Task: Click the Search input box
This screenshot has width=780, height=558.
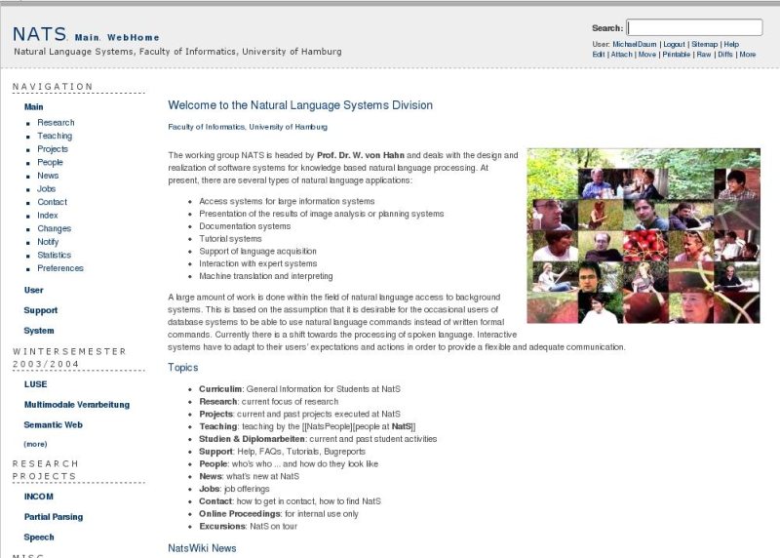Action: pyautogui.click(x=694, y=27)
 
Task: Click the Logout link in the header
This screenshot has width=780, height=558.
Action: pyautogui.click(x=673, y=44)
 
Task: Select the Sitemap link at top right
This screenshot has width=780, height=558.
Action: pyautogui.click(x=704, y=44)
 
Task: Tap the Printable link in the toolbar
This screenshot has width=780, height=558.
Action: pyautogui.click(x=677, y=55)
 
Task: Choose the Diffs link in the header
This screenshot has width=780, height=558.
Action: pyautogui.click(x=724, y=55)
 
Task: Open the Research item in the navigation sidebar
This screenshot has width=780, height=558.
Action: pyautogui.click(x=56, y=123)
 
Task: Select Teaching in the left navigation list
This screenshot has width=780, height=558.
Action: pyautogui.click(x=55, y=137)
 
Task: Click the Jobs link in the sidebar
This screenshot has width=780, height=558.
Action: pyautogui.click(x=47, y=189)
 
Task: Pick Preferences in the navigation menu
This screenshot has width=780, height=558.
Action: pyautogui.click(x=60, y=268)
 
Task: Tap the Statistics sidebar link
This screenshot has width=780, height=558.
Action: pyautogui.click(x=55, y=256)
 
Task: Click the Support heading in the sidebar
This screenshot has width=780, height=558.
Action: pyautogui.click(x=41, y=310)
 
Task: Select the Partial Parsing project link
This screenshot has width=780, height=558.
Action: pyautogui.click(x=54, y=517)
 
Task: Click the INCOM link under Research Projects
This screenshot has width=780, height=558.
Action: pyautogui.click(x=39, y=497)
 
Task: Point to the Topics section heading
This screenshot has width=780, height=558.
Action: pyautogui.click(x=182, y=368)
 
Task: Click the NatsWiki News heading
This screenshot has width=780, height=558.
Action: pyautogui.click(x=202, y=548)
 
